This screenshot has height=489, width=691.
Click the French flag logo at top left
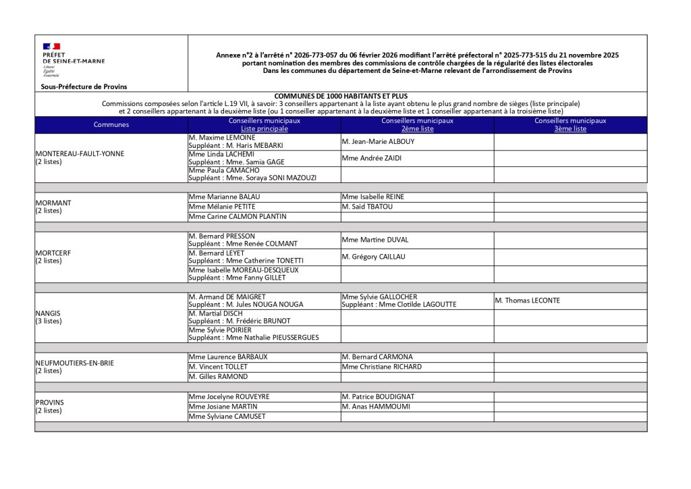point(52,46)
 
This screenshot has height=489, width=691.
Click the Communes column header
point(111,125)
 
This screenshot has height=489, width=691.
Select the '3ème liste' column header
point(570,128)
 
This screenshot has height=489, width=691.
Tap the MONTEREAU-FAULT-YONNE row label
point(80,153)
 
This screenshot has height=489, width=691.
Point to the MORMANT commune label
point(53,203)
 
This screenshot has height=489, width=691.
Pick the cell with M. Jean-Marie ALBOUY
point(379,142)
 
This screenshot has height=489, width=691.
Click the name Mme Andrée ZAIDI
point(372,158)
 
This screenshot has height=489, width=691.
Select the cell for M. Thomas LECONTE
point(527,301)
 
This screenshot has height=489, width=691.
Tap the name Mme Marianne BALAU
point(224,197)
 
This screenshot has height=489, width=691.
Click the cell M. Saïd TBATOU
point(367,207)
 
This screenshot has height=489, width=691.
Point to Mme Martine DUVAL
point(375,240)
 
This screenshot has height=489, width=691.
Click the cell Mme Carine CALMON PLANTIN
point(238,217)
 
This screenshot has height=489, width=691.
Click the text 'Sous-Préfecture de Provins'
point(84,86)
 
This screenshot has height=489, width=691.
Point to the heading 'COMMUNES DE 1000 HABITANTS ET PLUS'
point(341,96)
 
